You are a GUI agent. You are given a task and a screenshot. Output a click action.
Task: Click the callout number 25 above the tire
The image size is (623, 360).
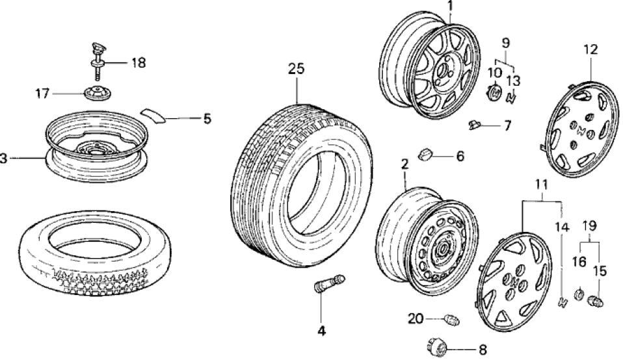(x=296, y=70)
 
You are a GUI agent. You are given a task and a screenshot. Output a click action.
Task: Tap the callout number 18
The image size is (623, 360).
(x=138, y=63)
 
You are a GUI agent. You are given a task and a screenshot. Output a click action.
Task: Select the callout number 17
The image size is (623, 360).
(x=42, y=94)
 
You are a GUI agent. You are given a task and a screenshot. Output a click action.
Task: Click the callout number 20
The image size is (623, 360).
(x=416, y=318)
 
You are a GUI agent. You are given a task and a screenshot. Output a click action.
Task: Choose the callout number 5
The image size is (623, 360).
(x=207, y=118)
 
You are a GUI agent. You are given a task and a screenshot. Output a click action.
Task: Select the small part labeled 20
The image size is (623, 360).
(x=450, y=319)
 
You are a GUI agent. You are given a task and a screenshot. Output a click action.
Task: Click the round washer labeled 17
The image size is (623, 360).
(x=96, y=94)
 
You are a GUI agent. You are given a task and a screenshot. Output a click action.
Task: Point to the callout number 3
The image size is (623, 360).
(x=4, y=158)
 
